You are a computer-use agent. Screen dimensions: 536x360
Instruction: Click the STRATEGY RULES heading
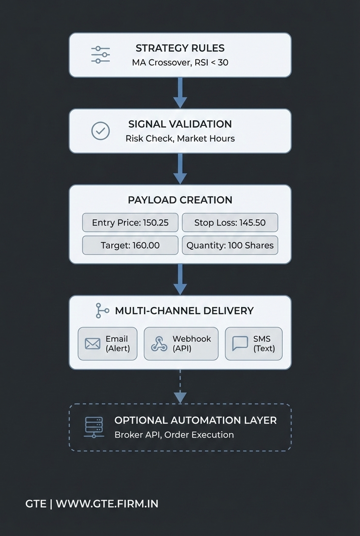(x=180, y=48)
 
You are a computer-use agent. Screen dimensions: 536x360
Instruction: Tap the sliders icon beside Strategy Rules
(x=100, y=55)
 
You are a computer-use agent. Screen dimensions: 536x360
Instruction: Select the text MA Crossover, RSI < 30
(x=180, y=62)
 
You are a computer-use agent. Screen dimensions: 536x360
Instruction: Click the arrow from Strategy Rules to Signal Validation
(x=180, y=93)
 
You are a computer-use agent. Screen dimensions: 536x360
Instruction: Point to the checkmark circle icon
(x=100, y=131)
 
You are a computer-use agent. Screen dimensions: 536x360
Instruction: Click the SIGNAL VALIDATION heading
(x=180, y=124)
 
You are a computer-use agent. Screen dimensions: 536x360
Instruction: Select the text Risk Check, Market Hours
(x=180, y=139)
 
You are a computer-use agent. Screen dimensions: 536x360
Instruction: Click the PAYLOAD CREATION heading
(x=180, y=200)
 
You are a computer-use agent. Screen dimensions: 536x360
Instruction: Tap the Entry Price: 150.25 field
(x=130, y=223)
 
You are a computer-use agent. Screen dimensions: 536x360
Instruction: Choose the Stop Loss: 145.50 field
(x=230, y=223)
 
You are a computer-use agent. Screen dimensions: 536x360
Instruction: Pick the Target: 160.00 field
(x=130, y=245)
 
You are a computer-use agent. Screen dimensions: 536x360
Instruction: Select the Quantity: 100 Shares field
(x=230, y=245)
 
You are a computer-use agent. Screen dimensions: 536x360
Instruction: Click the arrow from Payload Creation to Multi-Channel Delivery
(x=180, y=280)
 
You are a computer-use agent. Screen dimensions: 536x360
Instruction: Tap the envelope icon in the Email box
(x=92, y=344)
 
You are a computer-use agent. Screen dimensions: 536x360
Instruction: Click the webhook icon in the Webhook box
(x=159, y=344)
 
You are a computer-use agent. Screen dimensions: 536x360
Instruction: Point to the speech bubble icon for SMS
(x=240, y=344)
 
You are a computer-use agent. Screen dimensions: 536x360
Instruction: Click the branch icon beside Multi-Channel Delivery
(x=101, y=311)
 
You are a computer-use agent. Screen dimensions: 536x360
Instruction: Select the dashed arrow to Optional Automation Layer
(x=180, y=386)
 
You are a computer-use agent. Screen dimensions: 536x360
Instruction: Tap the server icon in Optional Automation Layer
(x=94, y=428)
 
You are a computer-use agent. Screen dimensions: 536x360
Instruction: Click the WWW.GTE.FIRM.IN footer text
(x=107, y=503)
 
